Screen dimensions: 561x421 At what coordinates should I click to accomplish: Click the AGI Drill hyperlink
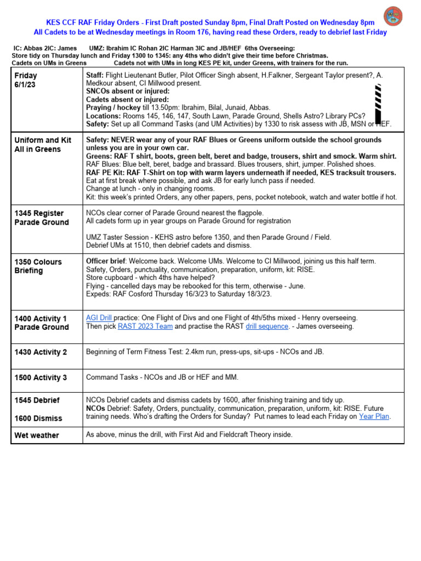(99, 318)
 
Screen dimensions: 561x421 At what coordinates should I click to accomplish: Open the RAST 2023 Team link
(145, 327)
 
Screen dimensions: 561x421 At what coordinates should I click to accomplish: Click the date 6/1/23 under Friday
(26, 85)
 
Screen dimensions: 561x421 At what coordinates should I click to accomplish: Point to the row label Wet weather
(37, 435)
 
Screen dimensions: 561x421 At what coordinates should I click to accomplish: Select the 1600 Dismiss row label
(38, 418)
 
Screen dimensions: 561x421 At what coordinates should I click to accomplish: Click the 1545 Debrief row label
(37, 400)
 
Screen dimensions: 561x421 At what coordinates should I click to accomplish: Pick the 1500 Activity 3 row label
(41, 377)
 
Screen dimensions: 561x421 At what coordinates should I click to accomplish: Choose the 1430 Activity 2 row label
(41, 352)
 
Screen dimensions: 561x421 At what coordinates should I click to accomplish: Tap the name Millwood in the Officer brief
(277, 261)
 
